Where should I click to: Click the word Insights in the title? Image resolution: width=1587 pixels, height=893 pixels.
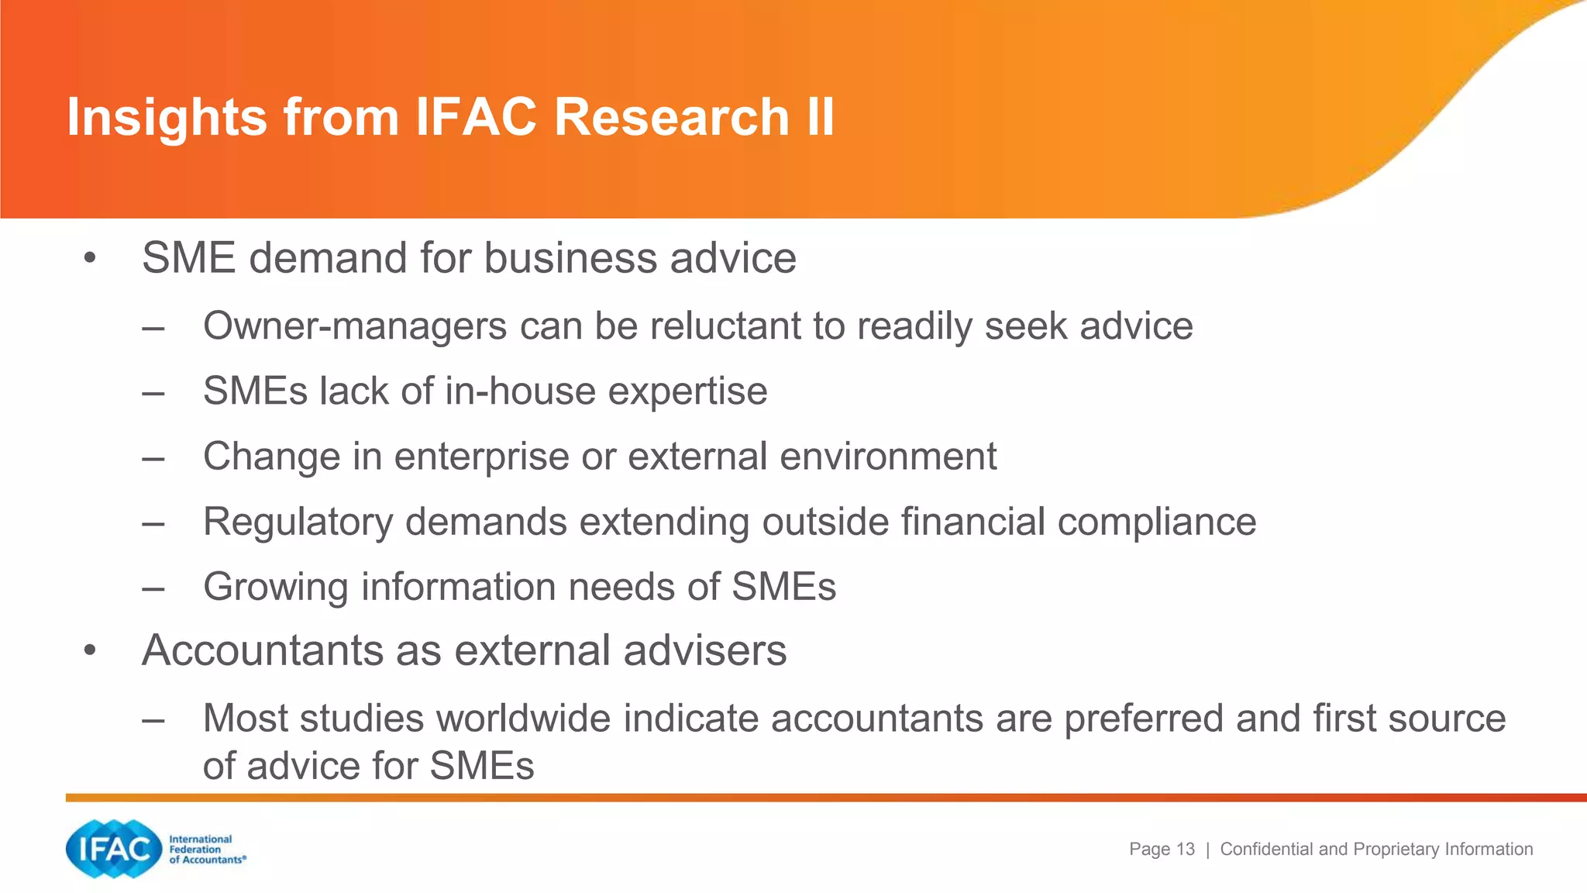(x=167, y=118)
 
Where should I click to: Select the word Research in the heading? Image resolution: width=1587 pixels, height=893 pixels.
(x=671, y=118)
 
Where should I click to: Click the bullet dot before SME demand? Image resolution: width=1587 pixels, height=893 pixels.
(x=91, y=258)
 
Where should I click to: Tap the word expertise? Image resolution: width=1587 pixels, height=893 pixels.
(x=687, y=391)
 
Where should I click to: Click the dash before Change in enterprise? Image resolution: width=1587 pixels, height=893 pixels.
(x=153, y=457)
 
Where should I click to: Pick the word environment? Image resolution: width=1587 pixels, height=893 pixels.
(x=888, y=457)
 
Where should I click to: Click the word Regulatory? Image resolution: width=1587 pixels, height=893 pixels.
(x=298, y=522)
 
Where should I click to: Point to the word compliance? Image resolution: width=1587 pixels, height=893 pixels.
(x=1156, y=522)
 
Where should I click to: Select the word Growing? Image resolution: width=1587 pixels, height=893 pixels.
(x=276, y=588)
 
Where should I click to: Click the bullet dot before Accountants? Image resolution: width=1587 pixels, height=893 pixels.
(x=91, y=650)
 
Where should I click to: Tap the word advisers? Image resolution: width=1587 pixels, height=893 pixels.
(x=704, y=650)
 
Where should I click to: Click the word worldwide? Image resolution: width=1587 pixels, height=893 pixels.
(x=523, y=718)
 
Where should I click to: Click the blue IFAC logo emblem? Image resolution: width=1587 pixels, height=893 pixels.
(x=113, y=849)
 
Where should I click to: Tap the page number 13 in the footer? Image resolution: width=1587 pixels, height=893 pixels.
(x=1185, y=850)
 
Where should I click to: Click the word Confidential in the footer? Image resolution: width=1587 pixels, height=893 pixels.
(x=1267, y=850)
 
